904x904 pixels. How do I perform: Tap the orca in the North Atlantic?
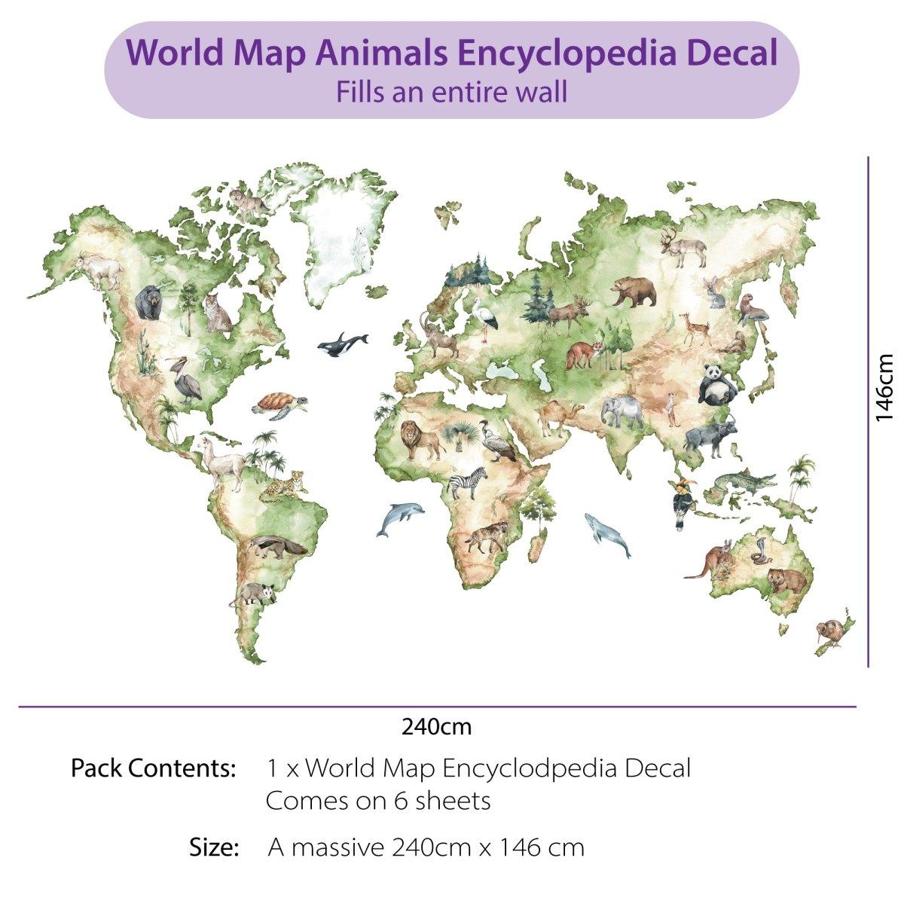pyautogui.click(x=341, y=344)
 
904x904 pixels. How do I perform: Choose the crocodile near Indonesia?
pyautogui.click(x=742, y=483)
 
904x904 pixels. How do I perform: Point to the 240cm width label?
pyautogui.click(x=436, y=727)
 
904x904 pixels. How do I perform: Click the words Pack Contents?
pyautogui.click(x=154, y=768)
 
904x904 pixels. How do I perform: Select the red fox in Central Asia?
pyautogui.click(x=585, y=354)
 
